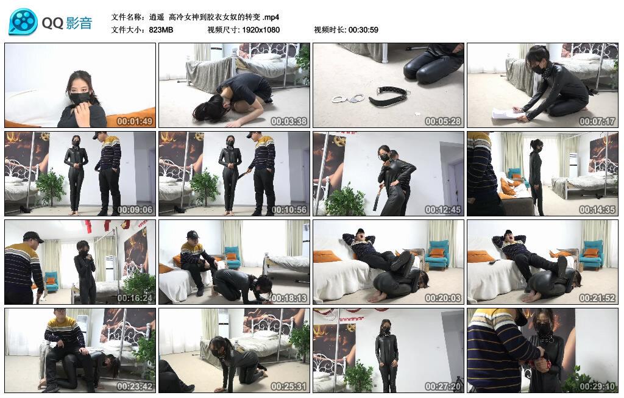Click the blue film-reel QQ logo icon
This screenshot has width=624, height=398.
click(23, 22)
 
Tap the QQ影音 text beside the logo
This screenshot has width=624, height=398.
click(67, 23)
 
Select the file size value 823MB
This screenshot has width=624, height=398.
click(161, 29)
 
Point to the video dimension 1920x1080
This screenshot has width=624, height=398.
click(261, 29)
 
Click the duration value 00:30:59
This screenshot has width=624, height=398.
click(363, 29)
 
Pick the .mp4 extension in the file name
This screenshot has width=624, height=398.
click(270, 16)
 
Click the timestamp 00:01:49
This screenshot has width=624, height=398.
click(135, 121)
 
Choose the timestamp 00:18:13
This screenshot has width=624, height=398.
click(289, 297)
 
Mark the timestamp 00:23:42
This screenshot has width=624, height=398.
click(135, 386)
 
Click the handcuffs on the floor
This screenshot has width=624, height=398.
click(348, 97)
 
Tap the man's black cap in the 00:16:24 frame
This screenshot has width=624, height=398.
click(32, 236)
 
